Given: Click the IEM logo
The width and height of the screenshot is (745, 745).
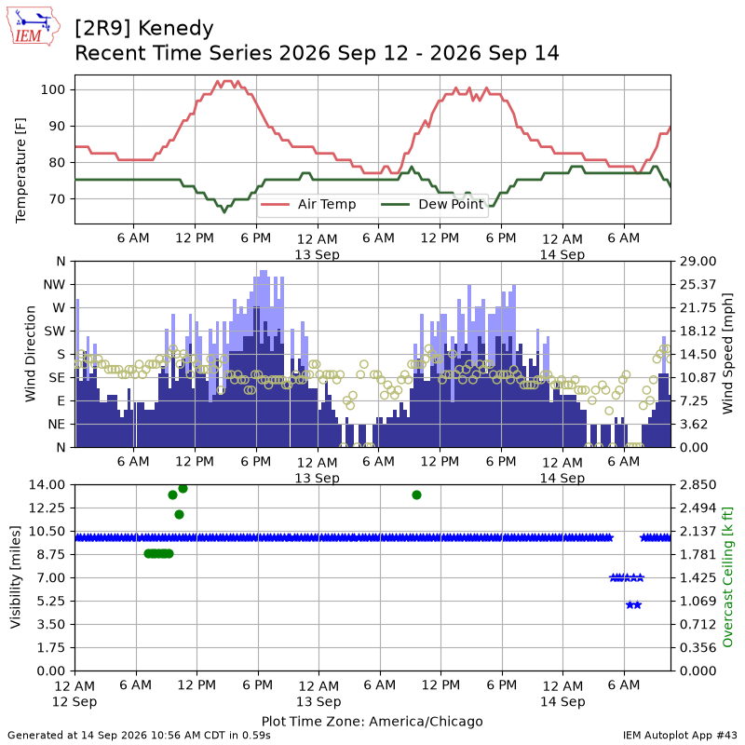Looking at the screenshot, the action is point(34,26).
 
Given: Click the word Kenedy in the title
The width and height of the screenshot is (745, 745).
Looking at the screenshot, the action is point(176,29).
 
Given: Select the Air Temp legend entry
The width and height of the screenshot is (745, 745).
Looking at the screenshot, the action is point(308,204).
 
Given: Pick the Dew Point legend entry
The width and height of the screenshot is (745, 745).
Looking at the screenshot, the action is point(432,204).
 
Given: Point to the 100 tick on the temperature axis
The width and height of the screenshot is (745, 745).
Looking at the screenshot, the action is point(52,89).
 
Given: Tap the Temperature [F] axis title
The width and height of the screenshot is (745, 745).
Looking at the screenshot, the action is point(20,170).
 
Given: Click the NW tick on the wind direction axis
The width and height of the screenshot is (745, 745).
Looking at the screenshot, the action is point(54,285).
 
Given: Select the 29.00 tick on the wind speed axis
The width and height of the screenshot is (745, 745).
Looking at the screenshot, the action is point(698,262).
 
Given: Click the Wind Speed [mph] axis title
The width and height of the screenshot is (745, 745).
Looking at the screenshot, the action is point(727,354).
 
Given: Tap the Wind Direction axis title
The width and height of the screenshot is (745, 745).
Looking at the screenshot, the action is point(31,354).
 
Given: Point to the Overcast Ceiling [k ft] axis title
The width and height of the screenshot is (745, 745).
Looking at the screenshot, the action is point(727,576).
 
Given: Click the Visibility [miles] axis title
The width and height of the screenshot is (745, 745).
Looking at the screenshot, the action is point(16,577).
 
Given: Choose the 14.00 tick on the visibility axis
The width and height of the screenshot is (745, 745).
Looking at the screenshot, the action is point(47,485).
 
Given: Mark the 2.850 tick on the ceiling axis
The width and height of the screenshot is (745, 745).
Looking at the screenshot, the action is point(698,485).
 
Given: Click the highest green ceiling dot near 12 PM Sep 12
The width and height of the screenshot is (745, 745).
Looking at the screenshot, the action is point(183,488).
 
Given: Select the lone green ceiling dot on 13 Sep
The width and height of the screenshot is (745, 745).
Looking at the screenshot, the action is point(416,495).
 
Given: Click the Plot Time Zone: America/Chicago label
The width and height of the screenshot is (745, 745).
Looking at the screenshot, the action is point(372,721).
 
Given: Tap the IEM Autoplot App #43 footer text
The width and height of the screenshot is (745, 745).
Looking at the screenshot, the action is point(680,736).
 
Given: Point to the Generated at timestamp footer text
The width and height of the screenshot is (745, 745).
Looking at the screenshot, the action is point(139,736).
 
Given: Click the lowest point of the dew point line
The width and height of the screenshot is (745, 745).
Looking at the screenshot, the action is point(224,211).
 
